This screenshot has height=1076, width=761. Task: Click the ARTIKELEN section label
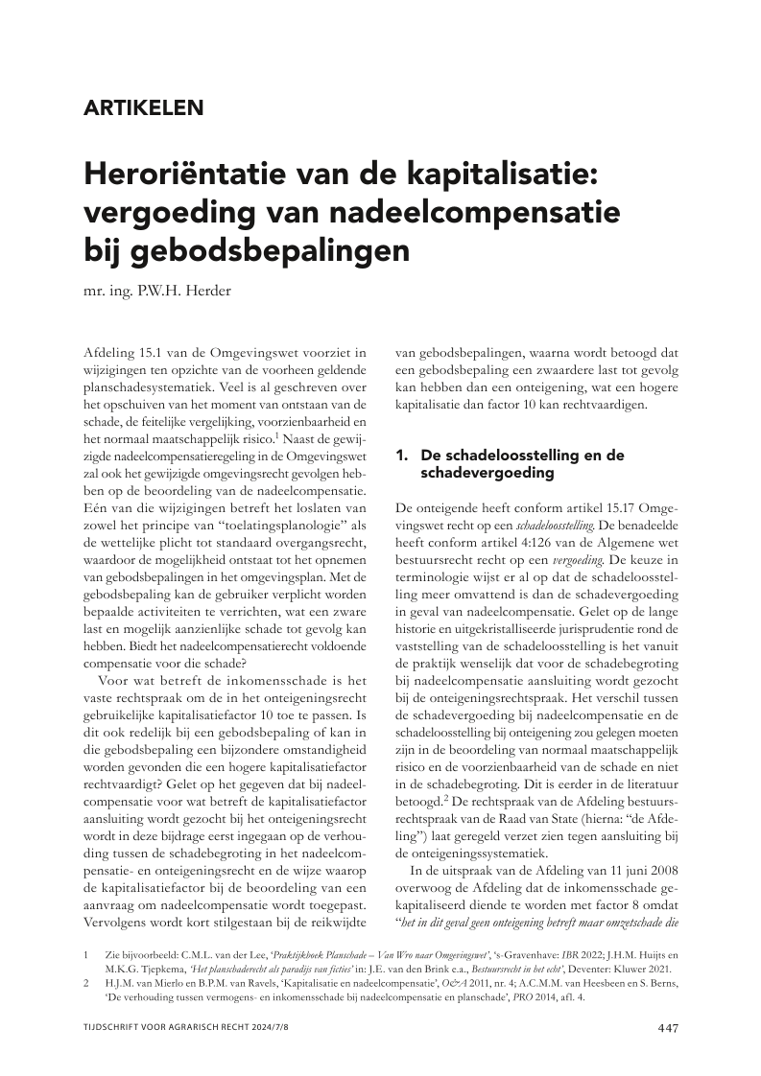[x=143, y=107]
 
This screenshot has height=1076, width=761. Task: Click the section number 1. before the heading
[x=403, y=456]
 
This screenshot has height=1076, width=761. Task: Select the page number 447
[x=668, y=1029]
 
